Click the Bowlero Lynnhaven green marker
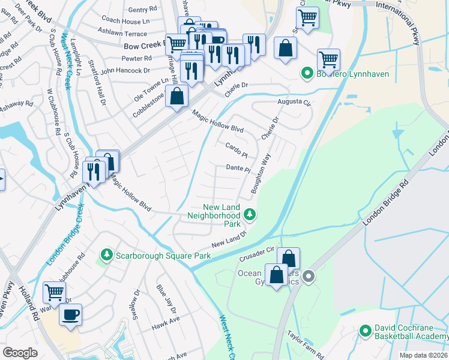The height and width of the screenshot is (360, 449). point(307,74)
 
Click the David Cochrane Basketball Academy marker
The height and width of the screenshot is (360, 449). point(365,331)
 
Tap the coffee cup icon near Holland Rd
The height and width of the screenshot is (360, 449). point(70,314)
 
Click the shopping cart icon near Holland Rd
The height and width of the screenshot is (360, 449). point(54,292)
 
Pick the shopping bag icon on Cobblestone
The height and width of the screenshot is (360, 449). point(176,96)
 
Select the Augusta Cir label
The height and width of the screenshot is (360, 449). point(295,102)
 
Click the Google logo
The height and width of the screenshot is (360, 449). point(20,352)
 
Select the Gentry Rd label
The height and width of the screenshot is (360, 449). point(142,10)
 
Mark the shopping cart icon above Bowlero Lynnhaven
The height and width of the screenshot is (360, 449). point(328,59)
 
